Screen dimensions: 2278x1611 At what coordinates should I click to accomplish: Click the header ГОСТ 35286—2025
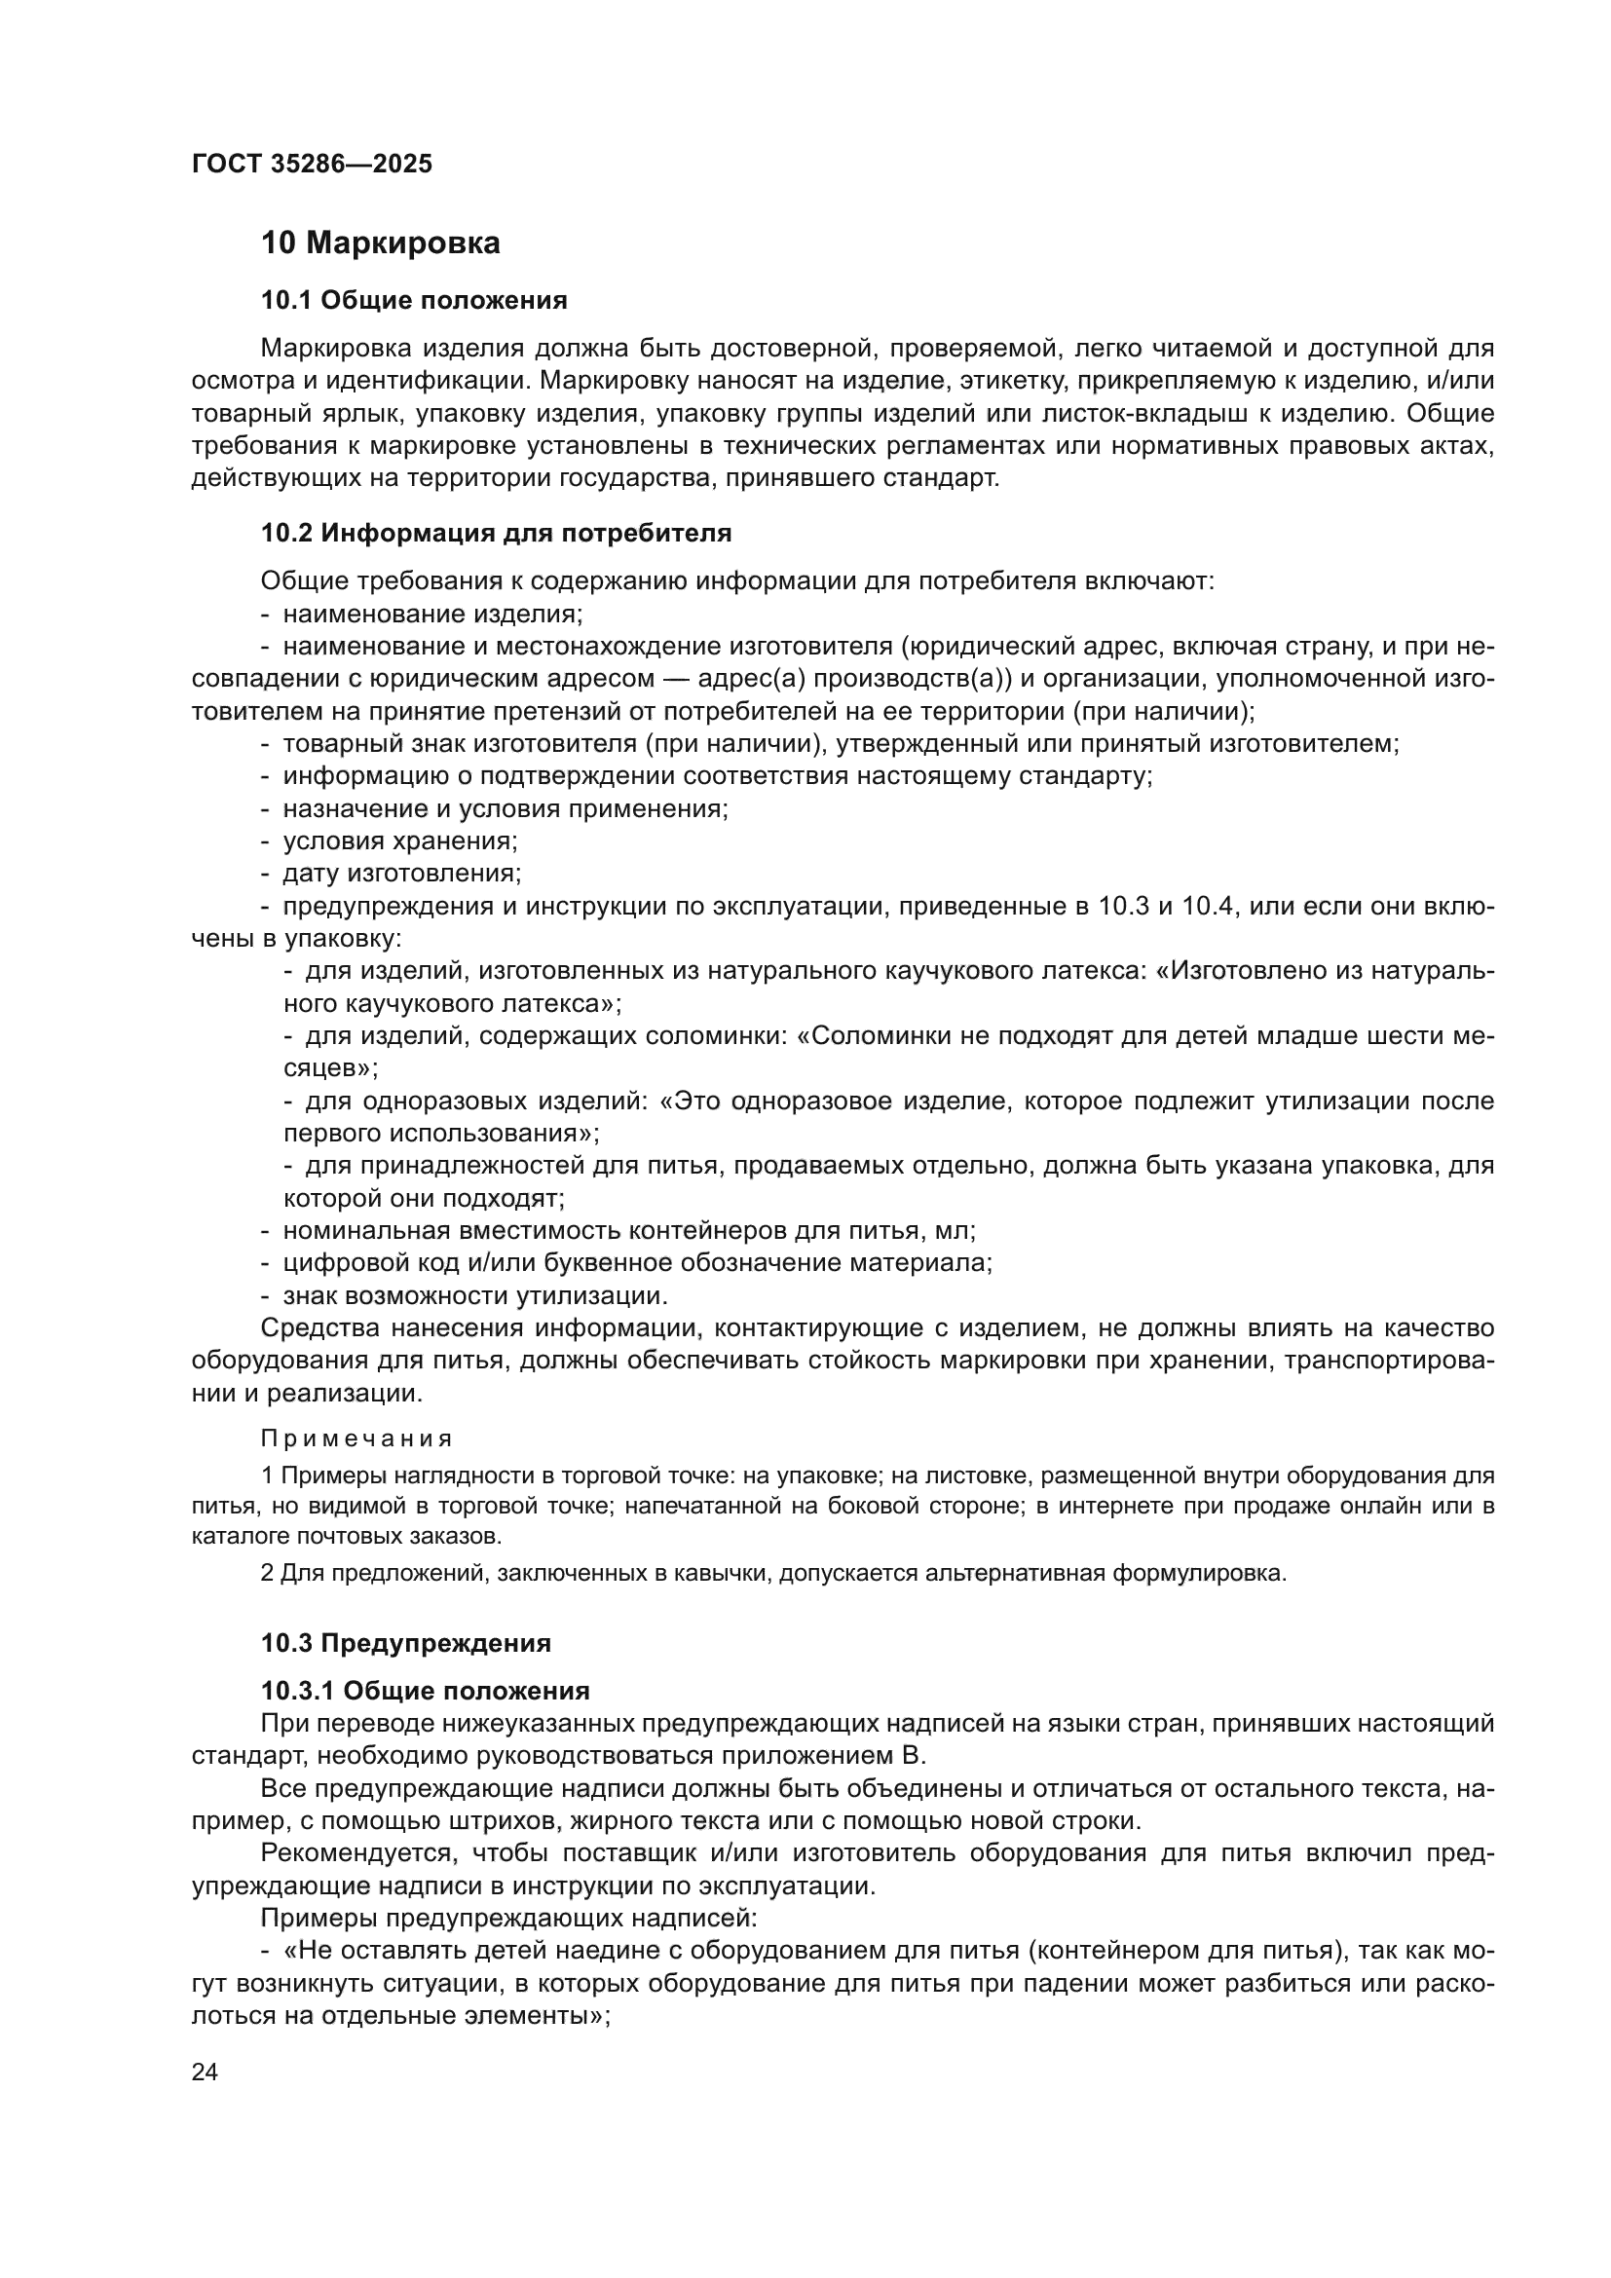[x=313, y=165]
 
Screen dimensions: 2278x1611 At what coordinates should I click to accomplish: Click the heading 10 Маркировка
[x=380, y=243]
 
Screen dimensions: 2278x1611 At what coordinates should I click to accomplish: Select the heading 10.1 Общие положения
[x=414, y=301]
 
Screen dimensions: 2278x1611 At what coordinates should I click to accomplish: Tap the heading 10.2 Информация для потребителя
[x=496, y=534]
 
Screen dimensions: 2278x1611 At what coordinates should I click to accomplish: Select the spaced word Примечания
[x=356, y=1438]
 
